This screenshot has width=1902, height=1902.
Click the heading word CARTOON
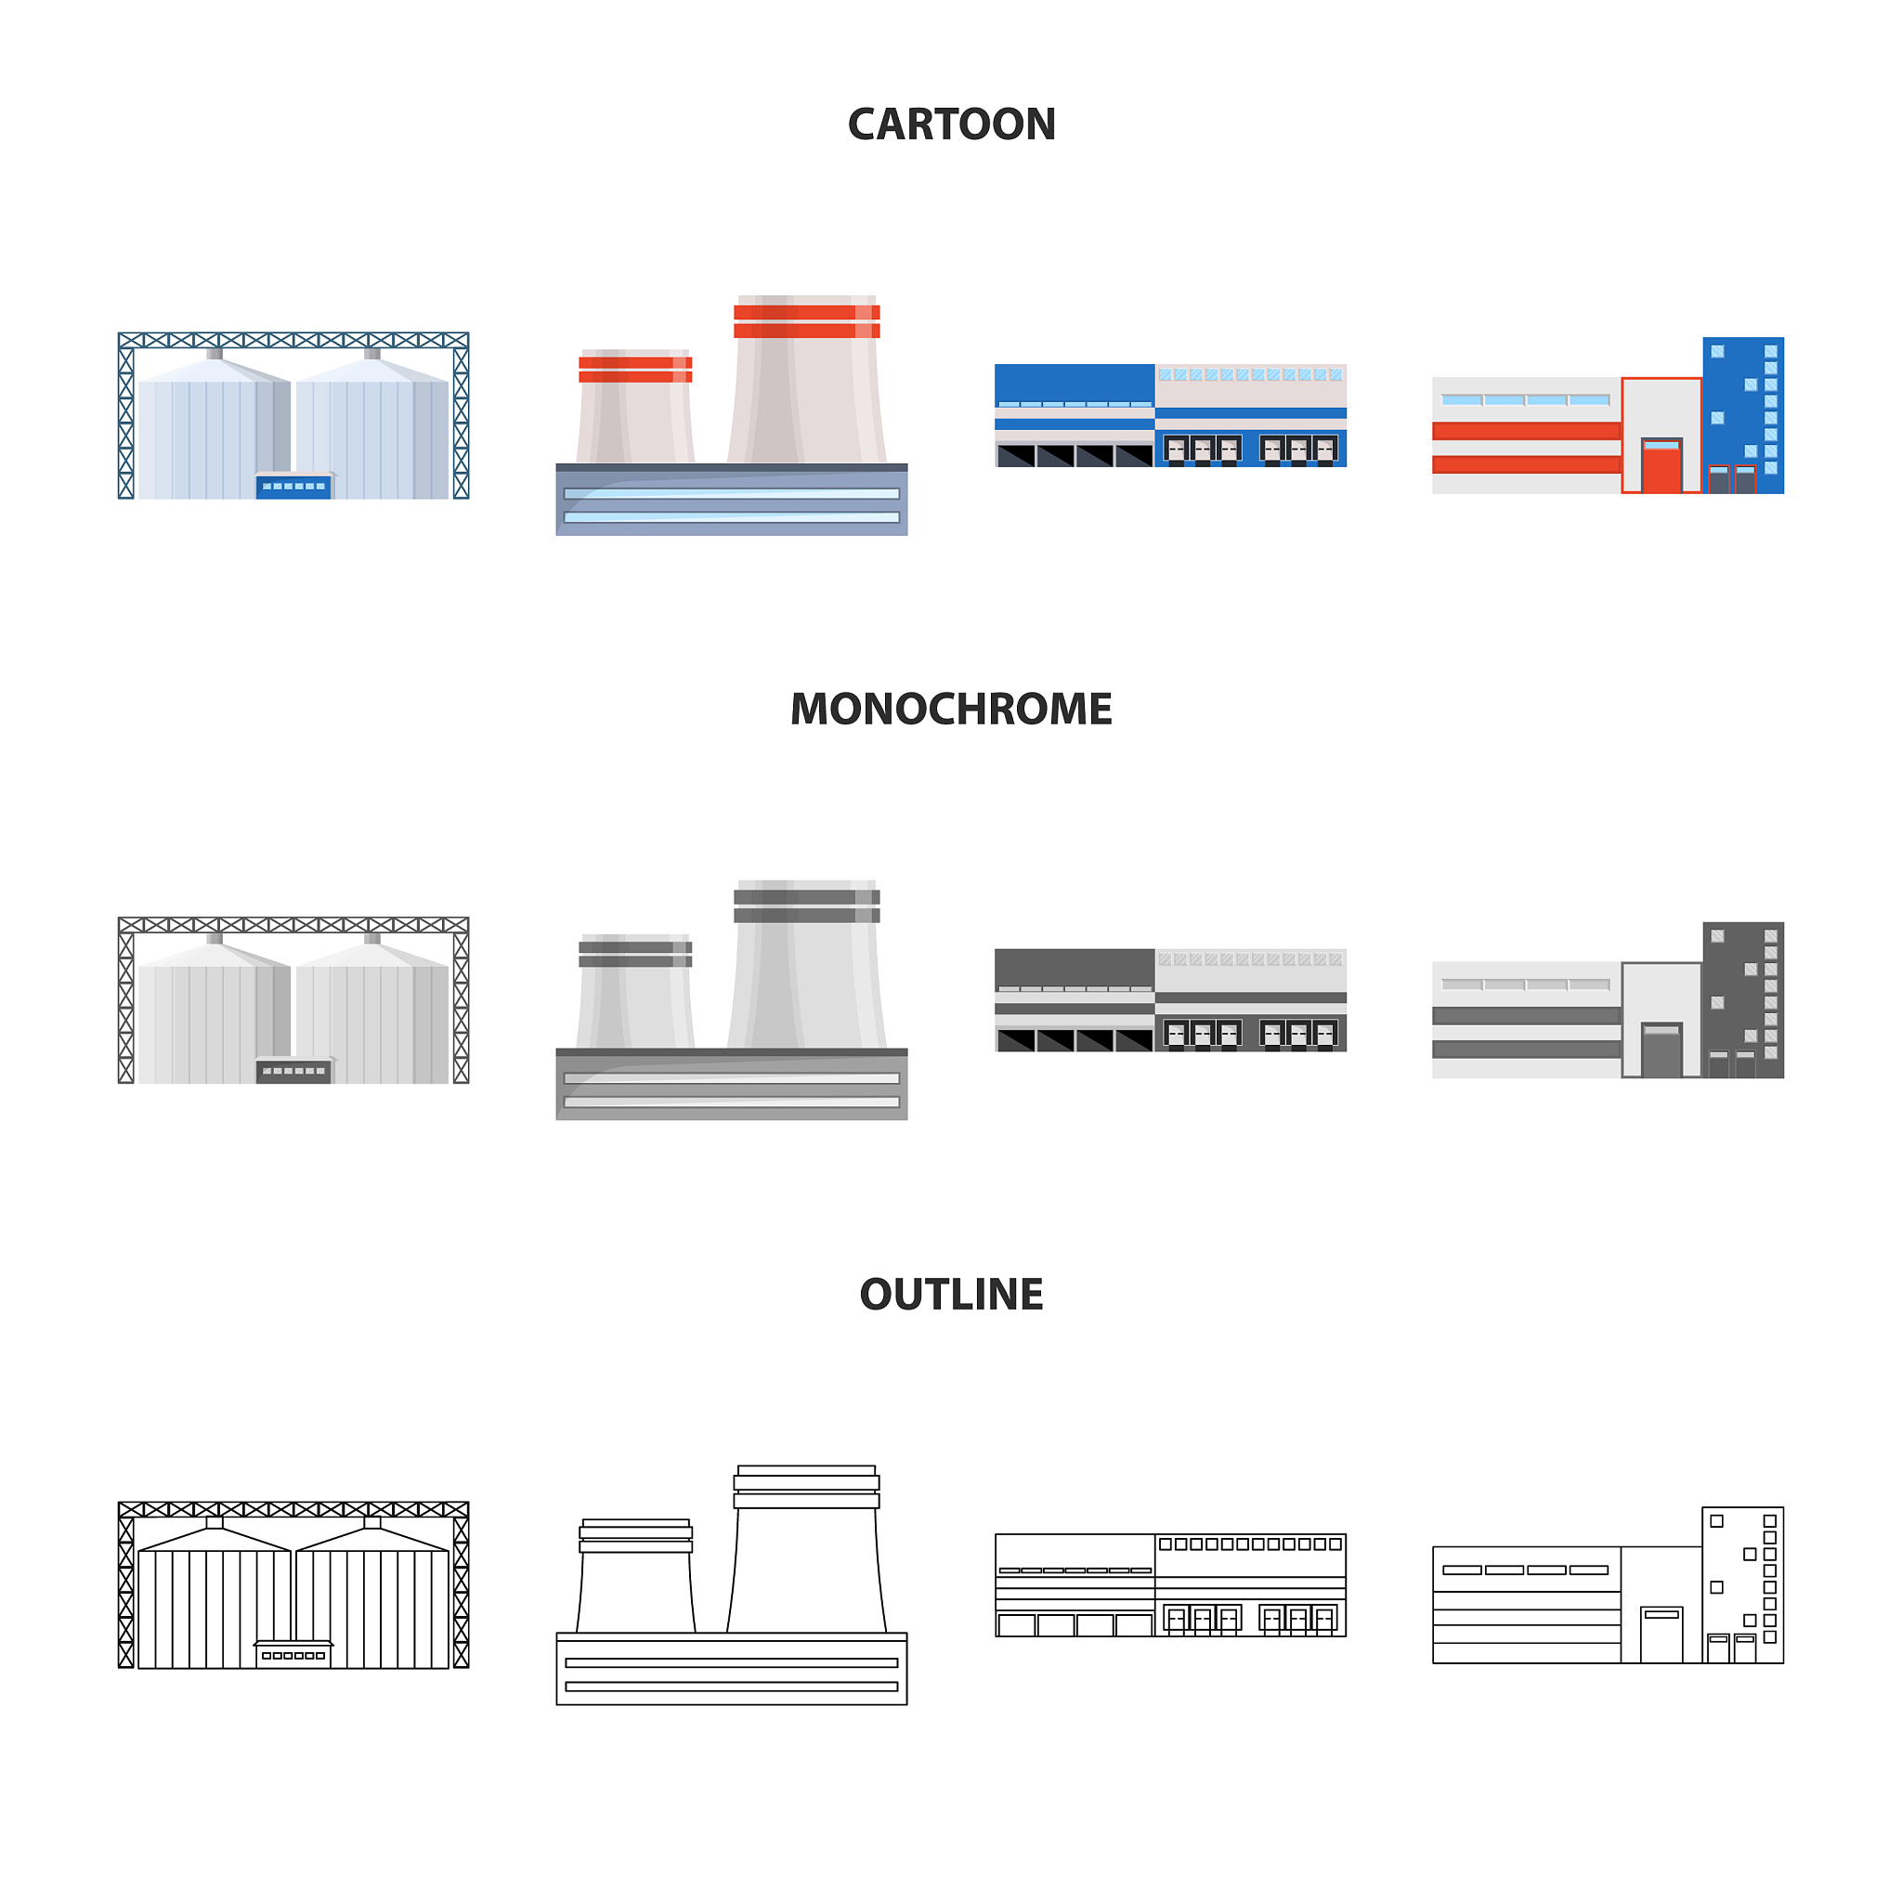tap(951, 125)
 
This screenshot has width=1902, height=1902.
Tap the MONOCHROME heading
tap(951, 710)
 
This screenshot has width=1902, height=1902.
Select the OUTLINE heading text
tap(951, 1295)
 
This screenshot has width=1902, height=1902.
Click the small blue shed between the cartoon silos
tap(294, 486)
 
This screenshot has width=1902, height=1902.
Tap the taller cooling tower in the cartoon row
tap(806, 379)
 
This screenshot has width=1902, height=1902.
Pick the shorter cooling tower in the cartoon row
tap(635, 406)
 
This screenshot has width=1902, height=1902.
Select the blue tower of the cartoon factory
tap(1742, 414)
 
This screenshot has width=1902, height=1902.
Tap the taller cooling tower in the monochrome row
tap(806, 964)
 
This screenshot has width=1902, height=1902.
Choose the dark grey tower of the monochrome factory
tap(1742, 999)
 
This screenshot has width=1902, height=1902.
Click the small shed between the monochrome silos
tap(294, 1070)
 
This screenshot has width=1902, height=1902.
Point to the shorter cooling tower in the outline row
tap(635, 1575)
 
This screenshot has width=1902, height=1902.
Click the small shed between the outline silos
tap(294, 1654)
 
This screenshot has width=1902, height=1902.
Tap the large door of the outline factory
tap(1661, 1635)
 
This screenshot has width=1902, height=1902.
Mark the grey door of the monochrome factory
tap(1661, 1050)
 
